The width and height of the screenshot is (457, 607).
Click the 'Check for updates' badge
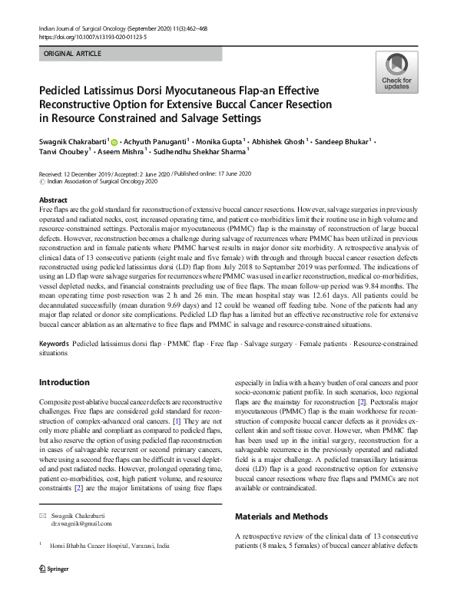396,72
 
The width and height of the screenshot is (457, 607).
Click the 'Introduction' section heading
64,381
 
